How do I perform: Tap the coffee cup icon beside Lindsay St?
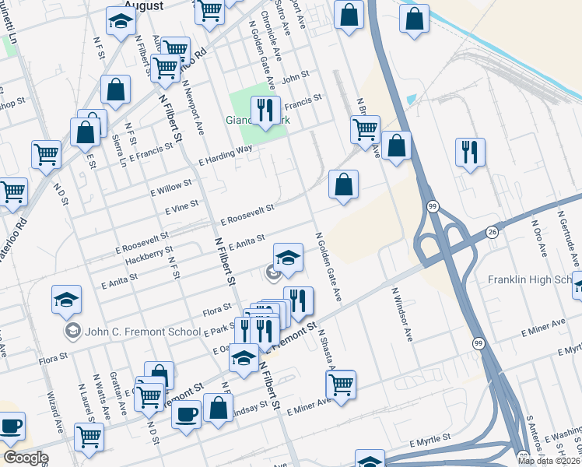(x=186, y=414)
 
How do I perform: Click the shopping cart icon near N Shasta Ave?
(x=341, y=383)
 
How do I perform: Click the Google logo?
(x=26, y=458)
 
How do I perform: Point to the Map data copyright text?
(x=548, y=461)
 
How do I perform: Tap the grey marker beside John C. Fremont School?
(x=72, y=332)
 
